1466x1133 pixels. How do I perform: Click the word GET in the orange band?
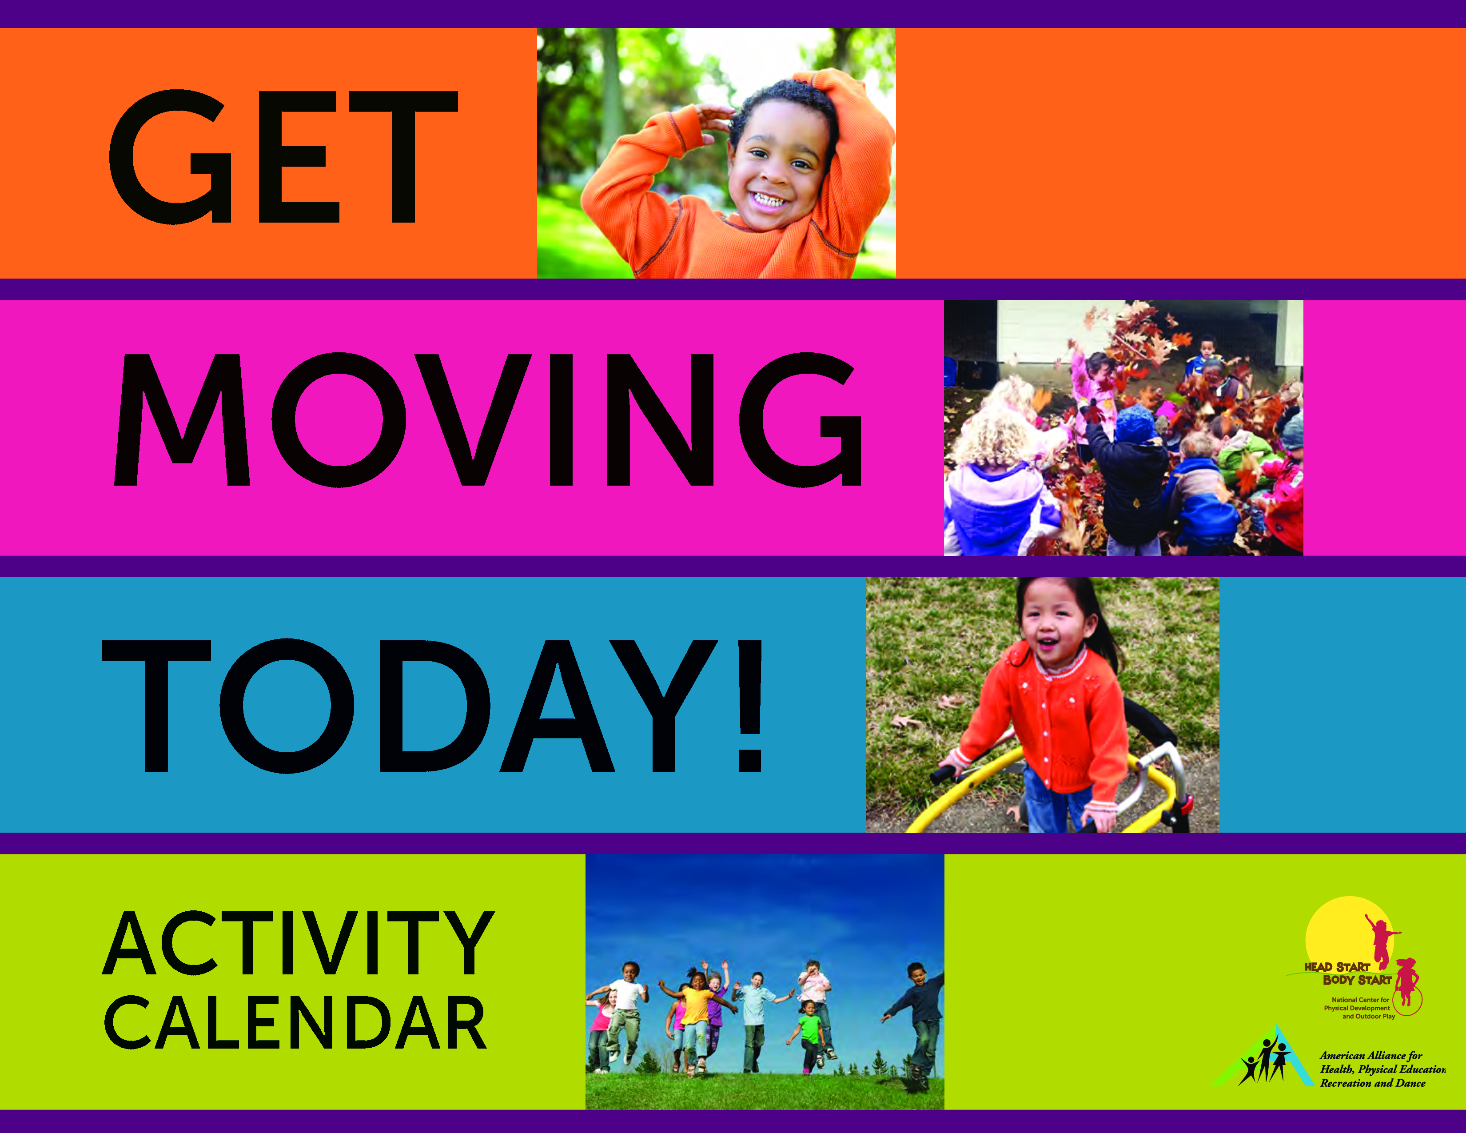(x=283, y=157)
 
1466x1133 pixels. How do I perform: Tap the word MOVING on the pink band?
(x=488, y=419)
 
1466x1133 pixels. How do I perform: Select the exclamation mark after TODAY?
(x=750, y=706)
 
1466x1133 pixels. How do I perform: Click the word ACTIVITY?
(x=299, y=943)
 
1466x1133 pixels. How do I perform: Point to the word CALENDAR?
(x=295, y=1022)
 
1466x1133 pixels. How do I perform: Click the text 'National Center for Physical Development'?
(x=1357, y=1004)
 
